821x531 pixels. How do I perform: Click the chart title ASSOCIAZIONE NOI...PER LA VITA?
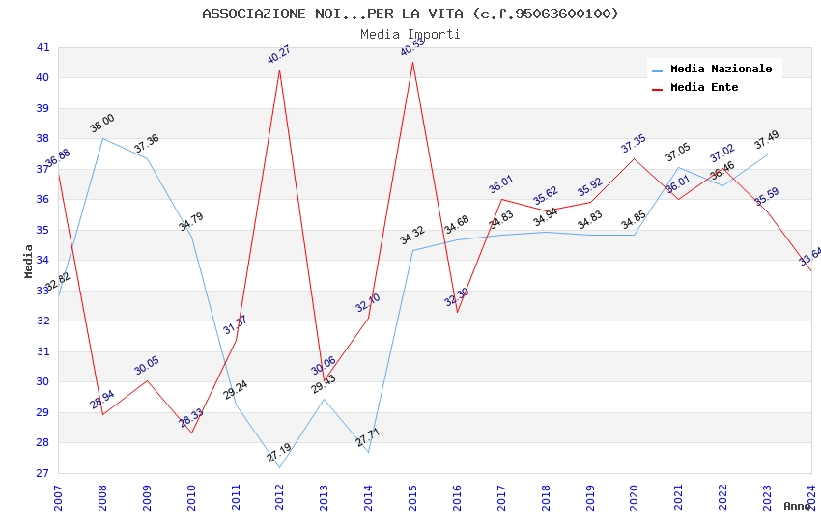(410, 14)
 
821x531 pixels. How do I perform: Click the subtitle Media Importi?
(410, 35)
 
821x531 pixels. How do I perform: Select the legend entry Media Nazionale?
(721, 70)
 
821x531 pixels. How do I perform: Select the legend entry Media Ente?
(703, 88)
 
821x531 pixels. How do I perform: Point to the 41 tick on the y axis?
(42, 47)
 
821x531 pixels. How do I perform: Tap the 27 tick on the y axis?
(42, 473)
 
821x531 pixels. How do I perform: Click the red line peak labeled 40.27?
(280, 70)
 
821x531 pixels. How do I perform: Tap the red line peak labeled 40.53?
(413, 63)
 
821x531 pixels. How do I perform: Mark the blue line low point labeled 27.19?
(280, 467)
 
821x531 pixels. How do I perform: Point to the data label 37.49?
(767, 140)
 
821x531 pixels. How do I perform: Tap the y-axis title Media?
(29, 261)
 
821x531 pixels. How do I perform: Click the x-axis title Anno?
(797, 506)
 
